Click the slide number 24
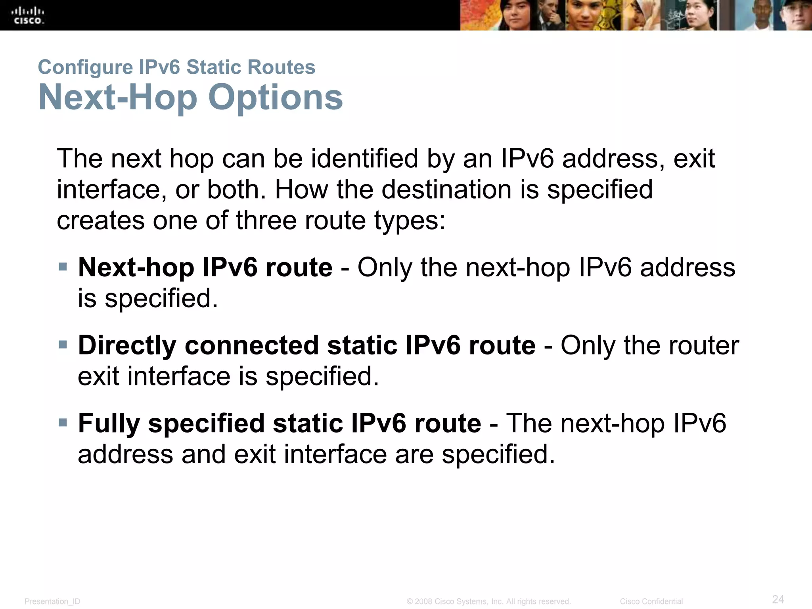pyautogui.click(x=778, y=599)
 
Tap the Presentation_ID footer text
pyautogui.click(x=52, y=601)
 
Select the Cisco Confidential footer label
pyautogui.click(x=651, y=601)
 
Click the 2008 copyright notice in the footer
pyautogui.click(x=488, y=601)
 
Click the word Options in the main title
pyautogui.click(x=275, y=98)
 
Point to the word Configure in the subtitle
pyautogui.click(x=85, y=67)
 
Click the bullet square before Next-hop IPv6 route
pyautogui.click(x=63, y=266)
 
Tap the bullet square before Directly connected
pyautogui.click(x=63, y=344)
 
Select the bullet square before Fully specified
pyautogui.click(x=63, y=422)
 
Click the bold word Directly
pyautogui.click(x=127, y=345)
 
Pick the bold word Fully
pyautogui.click(x=109, y=423)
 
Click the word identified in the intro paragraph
pyautogui.click(x=364, y=159)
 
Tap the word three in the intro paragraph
pyautogui.click(x=266, y=220)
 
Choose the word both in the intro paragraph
pyautogui.click(x=236, y=190)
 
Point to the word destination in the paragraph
pyautogui.click(x=447, y=190)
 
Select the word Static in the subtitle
pyautogui.click(x=214, y=67)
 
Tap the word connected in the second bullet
pyautogui.click(x=252, y=345)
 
